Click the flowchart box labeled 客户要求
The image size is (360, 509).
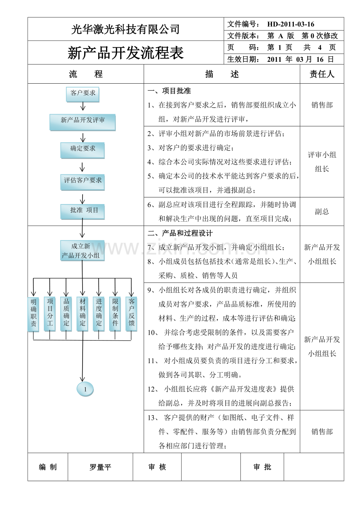tap(83, 94)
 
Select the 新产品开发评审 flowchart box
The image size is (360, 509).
tap(83, 122)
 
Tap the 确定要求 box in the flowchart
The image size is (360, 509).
tap(82, 150)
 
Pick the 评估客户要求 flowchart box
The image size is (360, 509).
tap(82, 182)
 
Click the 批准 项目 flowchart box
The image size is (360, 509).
tap(82, 211)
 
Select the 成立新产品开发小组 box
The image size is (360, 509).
tap(82, 251)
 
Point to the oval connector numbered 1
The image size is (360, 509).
tap(85, 389)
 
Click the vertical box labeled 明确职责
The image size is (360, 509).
tap(33, 314)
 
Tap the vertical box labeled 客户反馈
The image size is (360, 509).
tap(131, 314)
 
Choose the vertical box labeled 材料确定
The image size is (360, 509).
tap(82, 314)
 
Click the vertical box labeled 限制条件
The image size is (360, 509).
tap(115, 314)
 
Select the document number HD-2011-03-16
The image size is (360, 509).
tap(291, 24)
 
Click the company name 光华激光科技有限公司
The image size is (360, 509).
tap(126, 29)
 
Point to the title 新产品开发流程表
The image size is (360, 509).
tap(126, 53)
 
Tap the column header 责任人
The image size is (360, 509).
tap(322, 74)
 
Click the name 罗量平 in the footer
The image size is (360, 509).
tap(100, 467)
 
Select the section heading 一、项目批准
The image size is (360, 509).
tap(169, 91)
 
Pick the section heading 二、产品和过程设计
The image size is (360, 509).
tap(180, 233)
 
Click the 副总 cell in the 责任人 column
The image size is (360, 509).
tap(322, 211)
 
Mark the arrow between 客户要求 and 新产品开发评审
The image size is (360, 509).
tap(83, 106)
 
